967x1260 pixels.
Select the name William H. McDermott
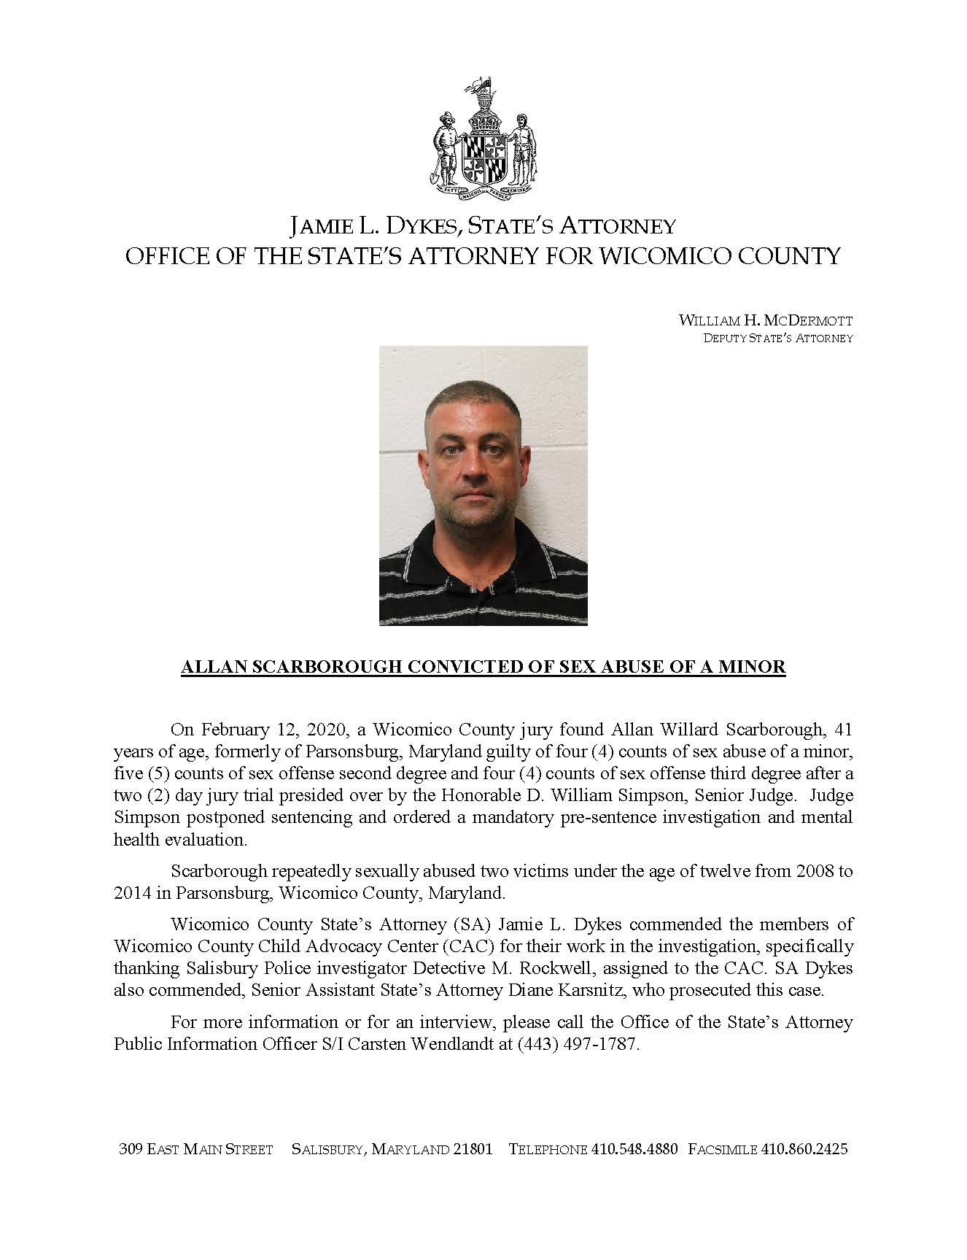coord(766,320)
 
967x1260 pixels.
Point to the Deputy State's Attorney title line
coord(777,338)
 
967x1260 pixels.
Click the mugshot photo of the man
coord(483,485)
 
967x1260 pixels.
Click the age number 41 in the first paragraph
coord(842,730)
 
